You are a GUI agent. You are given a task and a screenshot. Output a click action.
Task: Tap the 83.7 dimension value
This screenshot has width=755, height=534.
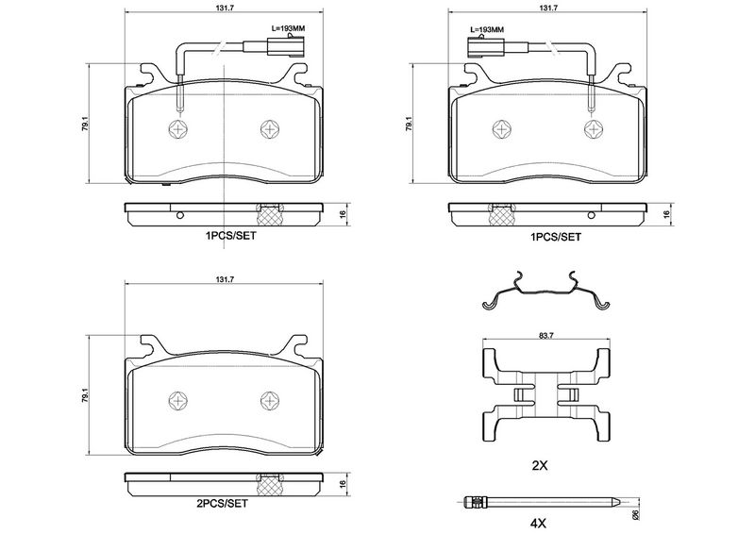pyautogui.click(x=546, y=337)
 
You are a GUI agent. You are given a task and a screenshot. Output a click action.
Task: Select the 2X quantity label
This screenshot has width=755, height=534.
pyautogui.click(x=539, y=466)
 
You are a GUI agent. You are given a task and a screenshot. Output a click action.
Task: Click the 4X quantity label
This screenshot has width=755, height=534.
pyautogui.click(x=539, y=523)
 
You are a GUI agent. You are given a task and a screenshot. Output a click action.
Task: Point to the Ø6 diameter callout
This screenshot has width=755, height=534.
pyautogui.click(x=635, y=514)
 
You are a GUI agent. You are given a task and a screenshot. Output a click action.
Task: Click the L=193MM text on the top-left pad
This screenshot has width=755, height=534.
pyautogui.click(x=288, y=28)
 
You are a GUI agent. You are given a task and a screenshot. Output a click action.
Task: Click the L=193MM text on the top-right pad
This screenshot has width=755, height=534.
pyautogui.click(x=486, y=29)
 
